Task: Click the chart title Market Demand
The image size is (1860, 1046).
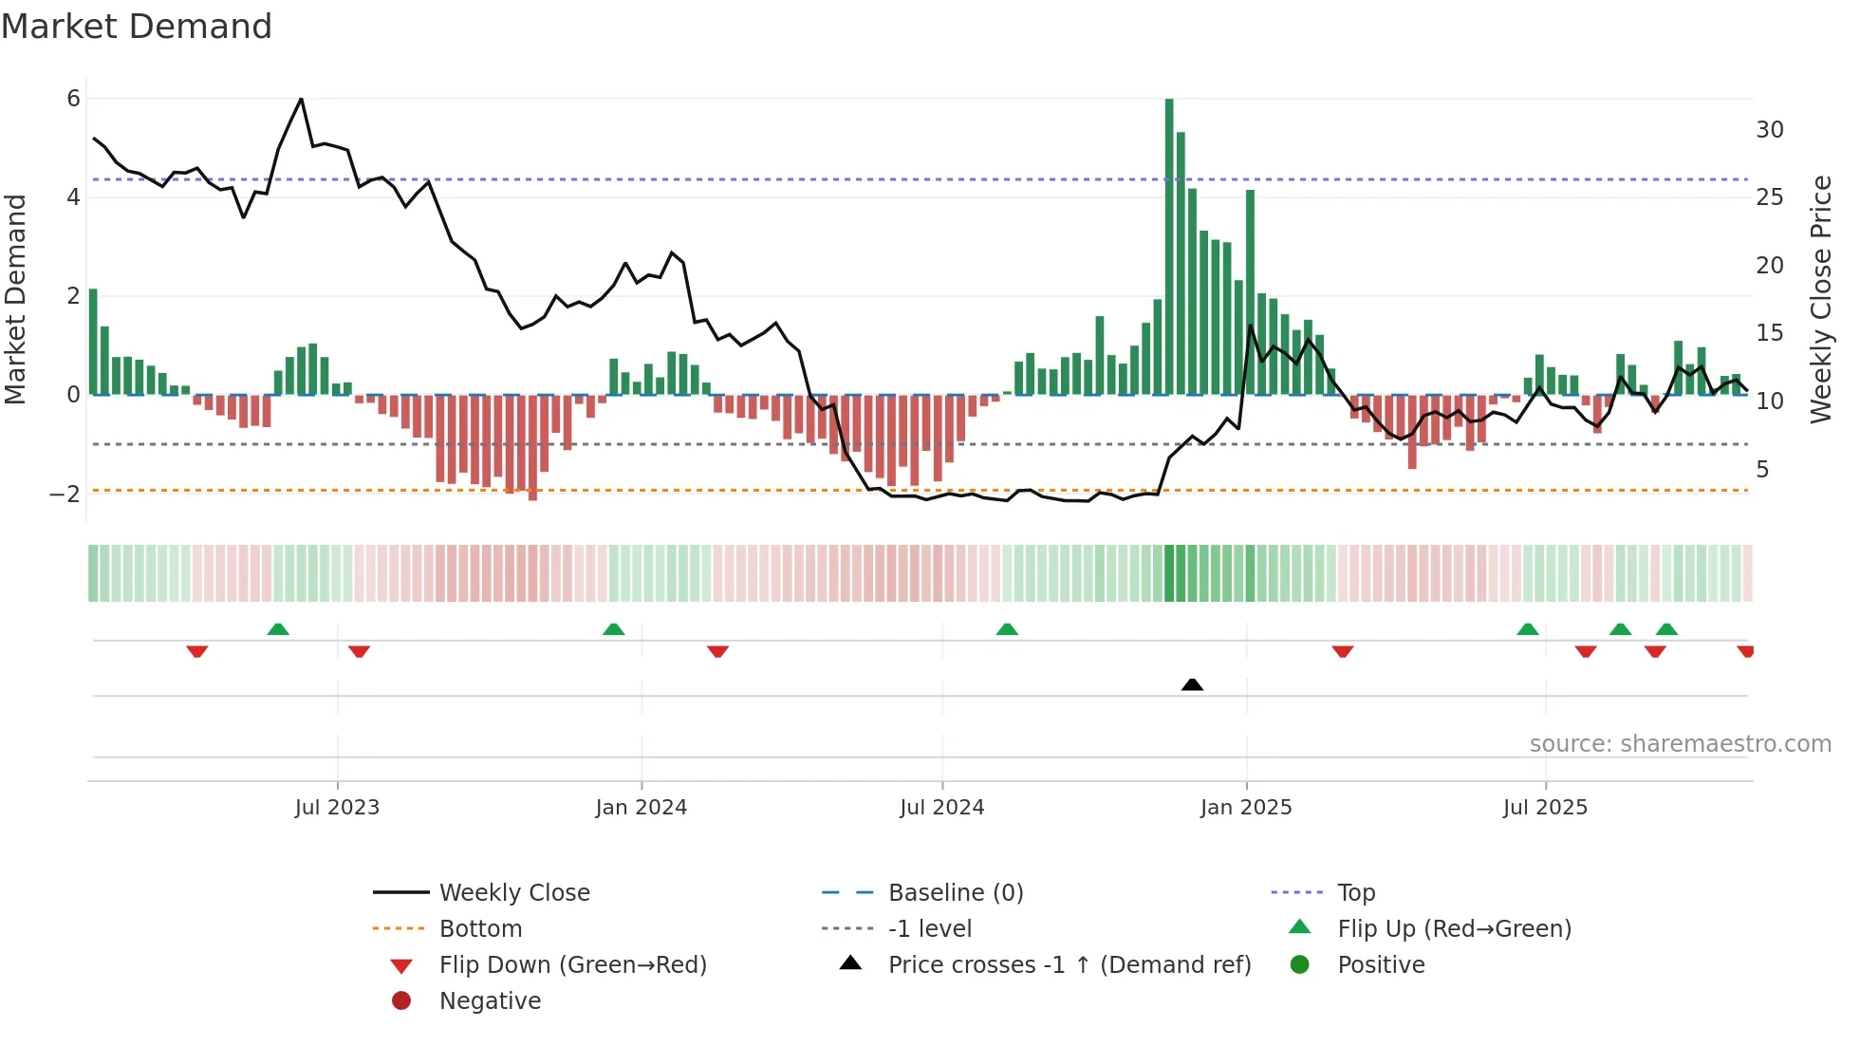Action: pos(137,27)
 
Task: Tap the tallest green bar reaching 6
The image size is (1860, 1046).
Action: pos(1169,247)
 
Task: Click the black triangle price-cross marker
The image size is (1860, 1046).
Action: pos(1192,684)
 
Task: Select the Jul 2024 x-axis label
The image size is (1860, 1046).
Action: pos(941,808)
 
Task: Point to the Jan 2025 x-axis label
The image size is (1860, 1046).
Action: pos(1245,808)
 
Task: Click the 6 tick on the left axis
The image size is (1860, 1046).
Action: pos(73,99)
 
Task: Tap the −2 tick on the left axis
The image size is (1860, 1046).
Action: pos(65,494)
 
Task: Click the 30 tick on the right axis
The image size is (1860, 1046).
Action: pos(1769,130)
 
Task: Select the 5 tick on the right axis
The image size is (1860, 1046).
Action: pos(1762,469)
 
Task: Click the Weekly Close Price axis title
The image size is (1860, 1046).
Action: pos(1820,299)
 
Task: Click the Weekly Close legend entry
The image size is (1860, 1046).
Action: pos(513,893)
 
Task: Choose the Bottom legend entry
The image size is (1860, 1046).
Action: pos(480,929)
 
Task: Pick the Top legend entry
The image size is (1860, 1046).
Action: pos(1355,893)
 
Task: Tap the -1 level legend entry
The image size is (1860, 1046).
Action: pos(929,929)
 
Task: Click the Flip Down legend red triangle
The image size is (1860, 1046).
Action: pos(401,966)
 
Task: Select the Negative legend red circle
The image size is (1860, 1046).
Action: pos(401,1001)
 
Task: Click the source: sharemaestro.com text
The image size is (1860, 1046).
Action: pos(1680,744)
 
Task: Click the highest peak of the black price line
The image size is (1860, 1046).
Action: pos(301,99)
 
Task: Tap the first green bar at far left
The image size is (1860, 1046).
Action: pos(93,342)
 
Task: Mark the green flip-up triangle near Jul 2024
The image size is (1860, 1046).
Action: pos(1007,629)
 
